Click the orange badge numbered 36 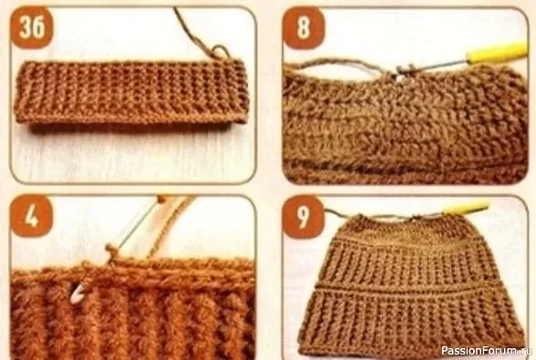(32, 27)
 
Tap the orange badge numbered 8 (304, 27)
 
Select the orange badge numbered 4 (32, 217)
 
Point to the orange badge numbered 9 (304, 217)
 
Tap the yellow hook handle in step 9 (467, 208)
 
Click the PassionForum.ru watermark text (487, 351)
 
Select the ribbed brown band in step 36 (131, 92)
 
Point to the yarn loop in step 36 (220, 52)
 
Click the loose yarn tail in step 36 (193, 30)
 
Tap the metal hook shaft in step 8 (432, 67)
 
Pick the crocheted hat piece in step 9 (410, 282)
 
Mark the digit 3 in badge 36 (25, 27)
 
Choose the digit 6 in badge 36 (38, 27)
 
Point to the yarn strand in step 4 (171, 227)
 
